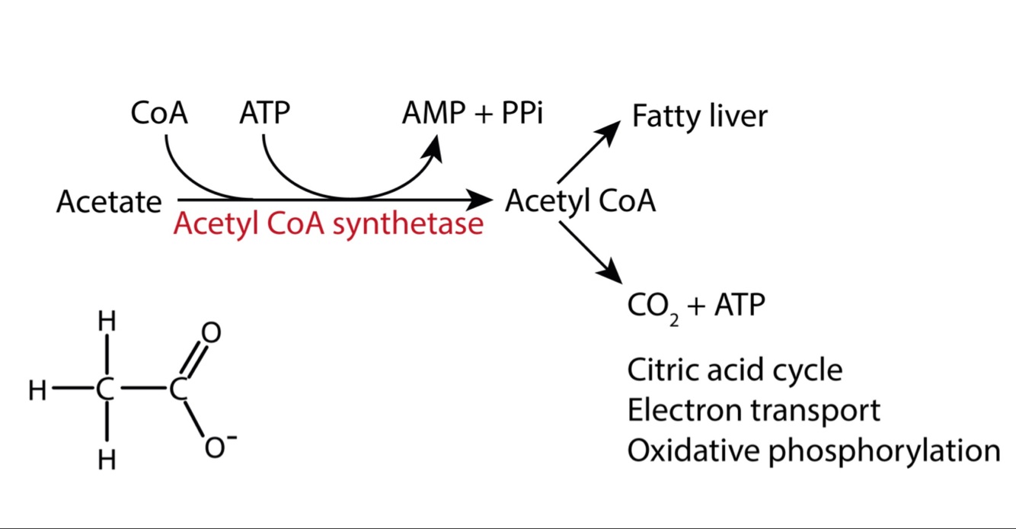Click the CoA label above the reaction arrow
pyautogui.click(x=159, y=114)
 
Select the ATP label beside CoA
pyautogui.click(x=264, y=114)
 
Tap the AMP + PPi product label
pyautogui.click(x=472, y=114)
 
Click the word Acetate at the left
pyautogui.click(x=109, y=203)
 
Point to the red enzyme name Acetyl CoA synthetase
pyautogui.click(x=327, y=224)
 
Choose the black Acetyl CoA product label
pyautogui.click(x=580, y=201)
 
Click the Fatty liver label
pyautogui.click(x=699, y=117)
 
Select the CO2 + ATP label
pyautogui.click(x=696, y=306)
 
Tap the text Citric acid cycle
pyautogui.click(x=735, y=370)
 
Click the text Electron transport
pyautogui.click(x=753, y=410)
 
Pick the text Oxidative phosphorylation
pyautogui.click(x=813, y=450)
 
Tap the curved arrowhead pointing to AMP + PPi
pyautogui.click(x=434, y=146)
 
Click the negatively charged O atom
pyautogui.click(x=216, y=447)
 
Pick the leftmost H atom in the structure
pyautogui.click(x=37, y=391)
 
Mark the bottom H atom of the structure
pyautogui.click(x=107, y=460)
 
